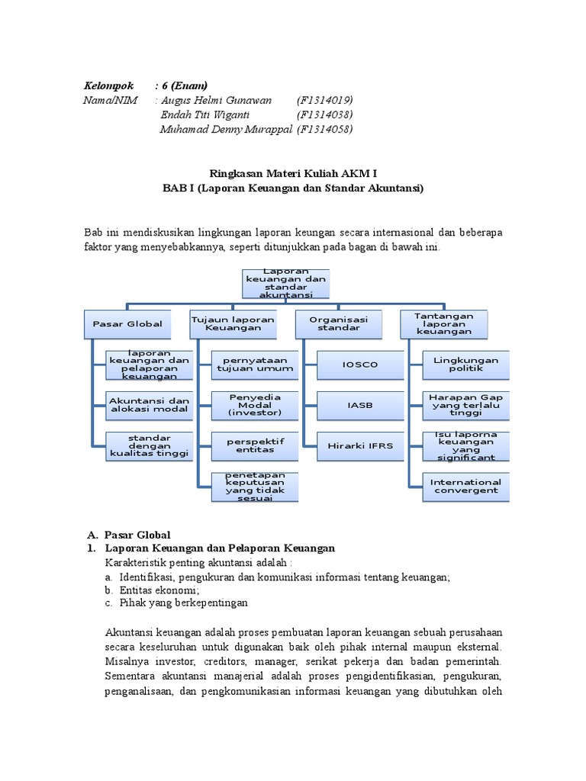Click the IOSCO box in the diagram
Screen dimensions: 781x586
[360, 365]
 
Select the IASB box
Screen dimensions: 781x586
[360, 405]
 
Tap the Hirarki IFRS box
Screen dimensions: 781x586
[360, 445]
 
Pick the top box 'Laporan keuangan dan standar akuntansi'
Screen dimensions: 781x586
[285, 283]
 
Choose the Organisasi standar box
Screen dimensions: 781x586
[338, 324]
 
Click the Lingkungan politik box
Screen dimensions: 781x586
[465, 365]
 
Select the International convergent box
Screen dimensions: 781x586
[465, 486]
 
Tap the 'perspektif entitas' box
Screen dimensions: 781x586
[255, 445]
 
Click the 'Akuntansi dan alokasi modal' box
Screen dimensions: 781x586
[149, 405]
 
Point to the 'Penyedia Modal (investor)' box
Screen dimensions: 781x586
[255, 405]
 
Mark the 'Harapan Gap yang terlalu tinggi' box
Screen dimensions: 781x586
[465, 405]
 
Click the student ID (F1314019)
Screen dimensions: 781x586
[324, 100]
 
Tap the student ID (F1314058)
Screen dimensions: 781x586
[324, 129]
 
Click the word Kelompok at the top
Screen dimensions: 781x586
[109, 85]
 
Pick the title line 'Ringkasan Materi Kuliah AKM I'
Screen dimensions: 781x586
[293, 173]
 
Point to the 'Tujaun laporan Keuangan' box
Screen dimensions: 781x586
[233, 324]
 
